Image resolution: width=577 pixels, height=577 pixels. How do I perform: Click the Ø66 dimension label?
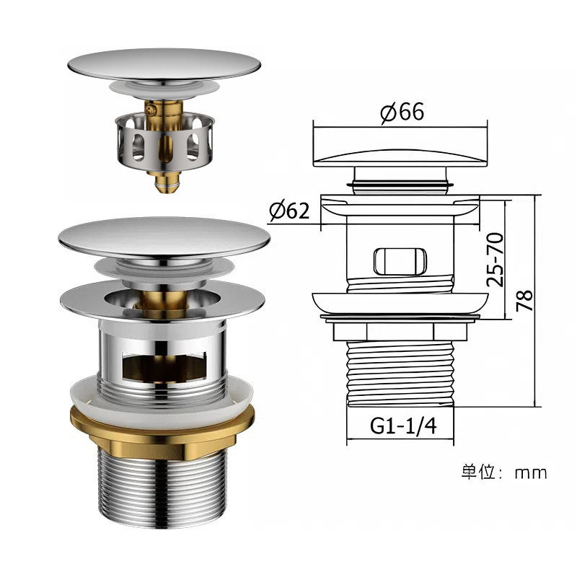(x=402, y=112)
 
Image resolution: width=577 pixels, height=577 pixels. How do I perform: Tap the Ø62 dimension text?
(x=289, y=210)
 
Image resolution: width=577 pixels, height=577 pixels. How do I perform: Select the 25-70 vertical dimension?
(x=495, y=260)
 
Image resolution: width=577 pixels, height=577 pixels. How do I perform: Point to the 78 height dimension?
(x=525, y=301)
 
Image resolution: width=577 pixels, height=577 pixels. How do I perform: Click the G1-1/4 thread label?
(x=403, y=426)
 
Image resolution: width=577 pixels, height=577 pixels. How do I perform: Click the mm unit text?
(x=531, y=473)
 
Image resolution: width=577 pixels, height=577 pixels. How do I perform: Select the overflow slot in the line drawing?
(x=400, y=262)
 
